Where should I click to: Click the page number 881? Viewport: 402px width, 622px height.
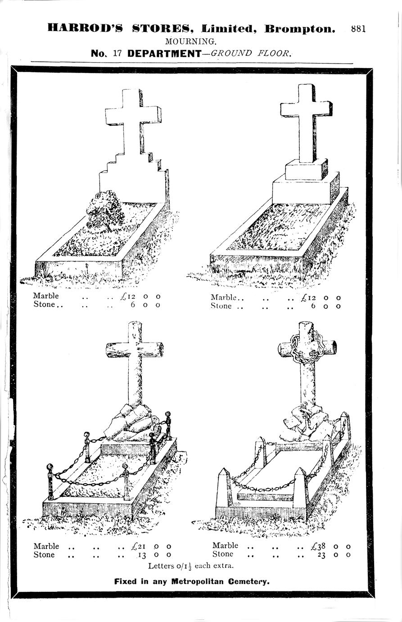[358, 28]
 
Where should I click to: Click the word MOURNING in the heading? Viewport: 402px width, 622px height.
[191, 41]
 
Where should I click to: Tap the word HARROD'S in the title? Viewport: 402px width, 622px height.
[85, 28]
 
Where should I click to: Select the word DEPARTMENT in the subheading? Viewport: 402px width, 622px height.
[164, 53]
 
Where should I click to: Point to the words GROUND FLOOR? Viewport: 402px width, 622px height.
[251, 53]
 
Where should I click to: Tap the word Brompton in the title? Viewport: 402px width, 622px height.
[300, 28]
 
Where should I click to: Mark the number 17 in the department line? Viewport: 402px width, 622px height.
[117, 53]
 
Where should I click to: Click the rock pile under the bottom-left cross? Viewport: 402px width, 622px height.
[130, 424]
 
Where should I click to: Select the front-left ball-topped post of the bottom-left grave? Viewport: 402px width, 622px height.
[50, 482]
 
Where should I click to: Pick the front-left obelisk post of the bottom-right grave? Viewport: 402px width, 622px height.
[223, 488]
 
